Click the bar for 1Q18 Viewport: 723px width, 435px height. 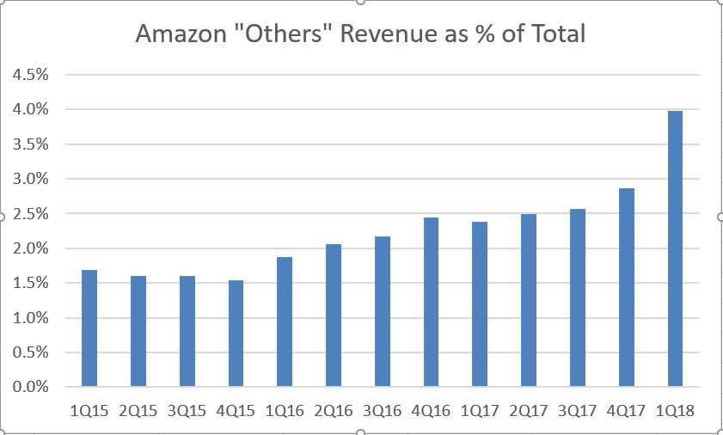coord(675,249)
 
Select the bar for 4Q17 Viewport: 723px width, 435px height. coord(626,287)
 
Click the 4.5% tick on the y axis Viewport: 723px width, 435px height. coord(30,75)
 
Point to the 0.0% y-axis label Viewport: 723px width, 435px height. coord(30,387)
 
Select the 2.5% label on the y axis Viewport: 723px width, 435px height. coord(30,213)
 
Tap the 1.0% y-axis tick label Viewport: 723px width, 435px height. coord(30,318)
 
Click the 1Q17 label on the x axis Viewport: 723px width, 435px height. coord(479,411)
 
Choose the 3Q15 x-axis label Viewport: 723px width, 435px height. coord(187,411)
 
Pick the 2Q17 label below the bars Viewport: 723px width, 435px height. coord(528,411)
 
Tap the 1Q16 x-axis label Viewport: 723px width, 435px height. coord(284,411)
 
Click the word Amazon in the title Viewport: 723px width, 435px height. coord(180,34)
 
